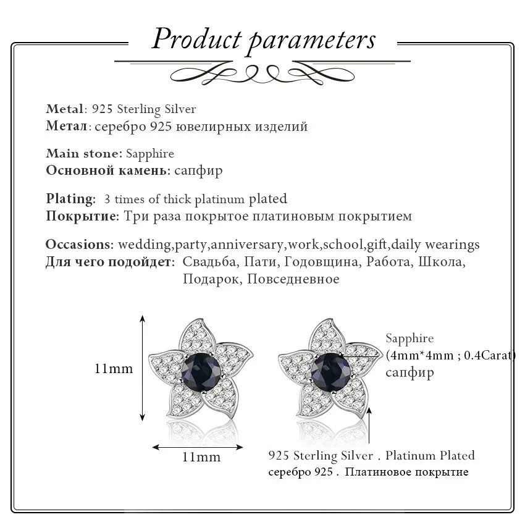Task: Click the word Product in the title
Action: point(196,40)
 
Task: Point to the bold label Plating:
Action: point(70,199)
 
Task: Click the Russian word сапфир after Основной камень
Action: point(198,170)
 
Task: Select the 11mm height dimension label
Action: point(114,369)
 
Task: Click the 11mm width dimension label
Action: point(201,458)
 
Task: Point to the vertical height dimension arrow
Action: point(143,368)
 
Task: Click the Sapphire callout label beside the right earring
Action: point(409,338)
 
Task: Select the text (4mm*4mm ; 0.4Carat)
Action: point(450,355)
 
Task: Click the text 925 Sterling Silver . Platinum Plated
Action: point(372,456)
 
